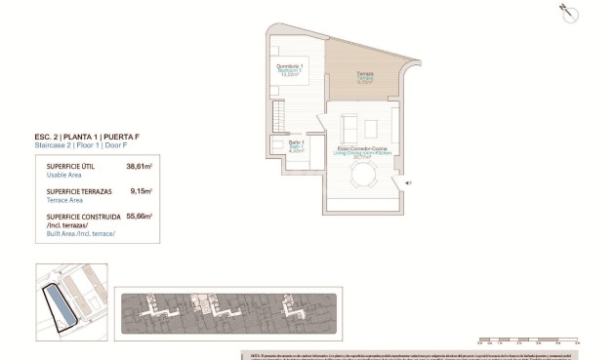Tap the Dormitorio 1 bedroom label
point(289,68)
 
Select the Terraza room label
point(364,78)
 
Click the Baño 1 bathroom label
point(297,146)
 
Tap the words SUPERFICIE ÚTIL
point(69,167)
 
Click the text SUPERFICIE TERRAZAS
point(77,191)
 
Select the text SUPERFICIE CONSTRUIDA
point(83,216)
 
